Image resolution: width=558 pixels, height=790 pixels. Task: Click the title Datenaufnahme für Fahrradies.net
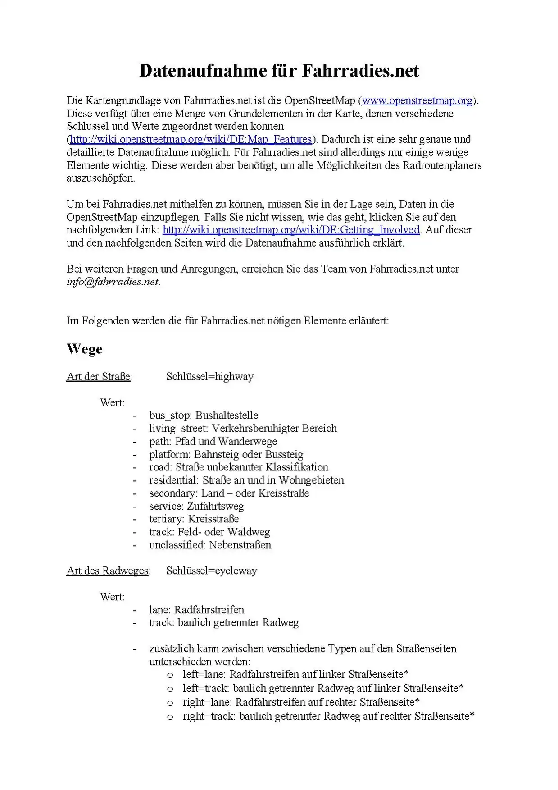[x=279, y=71]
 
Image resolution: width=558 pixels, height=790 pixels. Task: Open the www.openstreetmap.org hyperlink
[x=417, y=100]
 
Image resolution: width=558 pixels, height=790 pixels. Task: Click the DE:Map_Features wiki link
[x=191, y=139]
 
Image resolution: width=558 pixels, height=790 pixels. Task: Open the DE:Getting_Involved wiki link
[x=291, y=230]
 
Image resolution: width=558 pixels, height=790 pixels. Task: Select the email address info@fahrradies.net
[x=113, y=282]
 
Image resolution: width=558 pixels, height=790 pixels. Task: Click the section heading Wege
[x=85, y=349]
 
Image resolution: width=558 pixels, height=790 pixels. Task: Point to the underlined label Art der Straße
[x=99, y=377]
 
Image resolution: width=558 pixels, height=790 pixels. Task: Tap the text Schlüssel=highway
[x=209, y=377]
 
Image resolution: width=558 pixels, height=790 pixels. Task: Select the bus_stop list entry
[x=204, y=416]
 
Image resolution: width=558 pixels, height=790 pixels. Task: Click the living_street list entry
[x=243, y=429]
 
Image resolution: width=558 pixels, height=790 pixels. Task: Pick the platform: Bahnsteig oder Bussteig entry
[x=226, y=454]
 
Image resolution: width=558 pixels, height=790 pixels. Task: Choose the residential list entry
[x=246, y=480]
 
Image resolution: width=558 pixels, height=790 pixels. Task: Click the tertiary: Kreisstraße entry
[x=194, y=519]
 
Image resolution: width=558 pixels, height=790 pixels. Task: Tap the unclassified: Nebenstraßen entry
[x=210, y=545]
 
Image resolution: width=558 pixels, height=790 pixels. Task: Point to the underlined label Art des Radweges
[x=108, y=571]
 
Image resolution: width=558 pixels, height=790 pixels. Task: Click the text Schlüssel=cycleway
[x=211, y=571]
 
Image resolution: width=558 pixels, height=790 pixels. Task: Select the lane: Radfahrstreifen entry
[x=196, y=610]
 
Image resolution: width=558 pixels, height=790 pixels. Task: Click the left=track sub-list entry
[x=323, y=689]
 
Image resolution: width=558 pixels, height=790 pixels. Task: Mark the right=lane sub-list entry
[x=301, y=702]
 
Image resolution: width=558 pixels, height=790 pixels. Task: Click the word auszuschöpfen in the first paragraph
[x=100, y=178]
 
